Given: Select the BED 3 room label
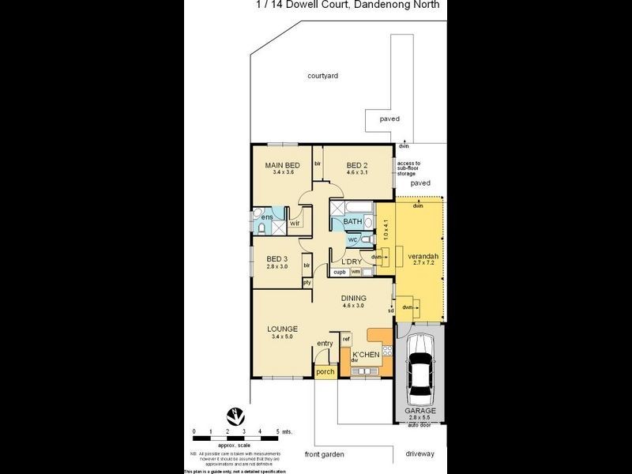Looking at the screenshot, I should (x=276, y=259).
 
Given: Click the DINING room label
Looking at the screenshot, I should (x=353, y=298).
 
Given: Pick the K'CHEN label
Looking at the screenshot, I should (x=366, y=354).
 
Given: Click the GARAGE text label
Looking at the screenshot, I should (x=420, y=411).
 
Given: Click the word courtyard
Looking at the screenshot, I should (x=323, y=76).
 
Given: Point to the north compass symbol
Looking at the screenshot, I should (x=235, y=415).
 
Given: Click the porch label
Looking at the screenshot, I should (x=325, y=371).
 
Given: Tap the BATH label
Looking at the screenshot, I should (x=352, y=221).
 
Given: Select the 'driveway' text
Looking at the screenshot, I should (x=419, y=454).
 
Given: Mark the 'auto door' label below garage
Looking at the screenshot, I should (x=419, y=425).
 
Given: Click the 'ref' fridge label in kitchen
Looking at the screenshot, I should (x=346, y=339).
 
